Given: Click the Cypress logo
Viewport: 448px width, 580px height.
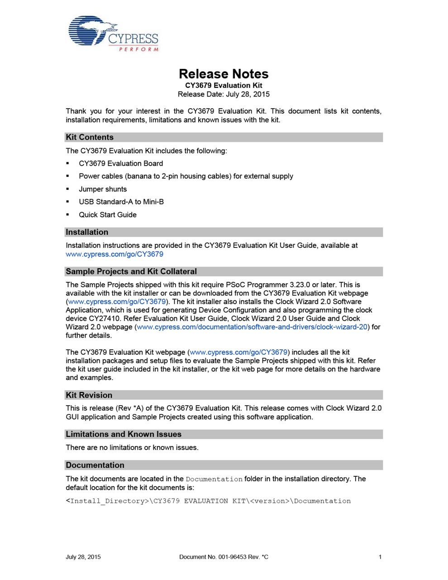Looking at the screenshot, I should click(x=113, y=34).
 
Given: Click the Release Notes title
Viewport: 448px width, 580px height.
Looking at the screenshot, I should click(x=224, y=74).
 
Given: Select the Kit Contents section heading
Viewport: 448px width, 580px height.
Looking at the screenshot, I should click(x=90, y=137).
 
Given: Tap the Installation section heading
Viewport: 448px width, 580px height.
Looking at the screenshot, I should click(x=87, y=232).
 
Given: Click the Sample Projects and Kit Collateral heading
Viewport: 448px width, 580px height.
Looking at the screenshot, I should click(x=131, y=271).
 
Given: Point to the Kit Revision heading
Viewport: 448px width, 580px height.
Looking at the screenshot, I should click(x=89, y=395).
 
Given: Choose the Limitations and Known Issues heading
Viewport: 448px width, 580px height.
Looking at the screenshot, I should click(x=124, y=434).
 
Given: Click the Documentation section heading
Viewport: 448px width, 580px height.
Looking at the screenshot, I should click(x=95, y=465).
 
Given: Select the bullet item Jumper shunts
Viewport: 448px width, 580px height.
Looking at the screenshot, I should click(x=103, y=189).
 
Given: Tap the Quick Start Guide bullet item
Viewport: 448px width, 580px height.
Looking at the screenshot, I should click(x=108, y=215).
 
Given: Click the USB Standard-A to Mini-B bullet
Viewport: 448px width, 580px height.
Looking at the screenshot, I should click(x=121, y=202).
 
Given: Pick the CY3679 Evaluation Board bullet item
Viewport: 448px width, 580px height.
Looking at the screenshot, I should click(x=121, y=163).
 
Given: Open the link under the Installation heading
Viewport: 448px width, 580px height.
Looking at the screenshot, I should click(x=114, y=254).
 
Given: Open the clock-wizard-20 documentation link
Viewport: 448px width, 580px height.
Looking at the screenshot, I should click(x=252, y=327).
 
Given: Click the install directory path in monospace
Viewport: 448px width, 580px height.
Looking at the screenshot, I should click(x=208, y=501).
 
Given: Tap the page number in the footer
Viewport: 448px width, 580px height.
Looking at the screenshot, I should click(x=380, y=557).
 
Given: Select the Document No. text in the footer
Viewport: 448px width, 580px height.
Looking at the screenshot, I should click(x=224, y=557).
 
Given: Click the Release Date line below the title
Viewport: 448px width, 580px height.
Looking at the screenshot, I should click(x=224, y=94).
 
